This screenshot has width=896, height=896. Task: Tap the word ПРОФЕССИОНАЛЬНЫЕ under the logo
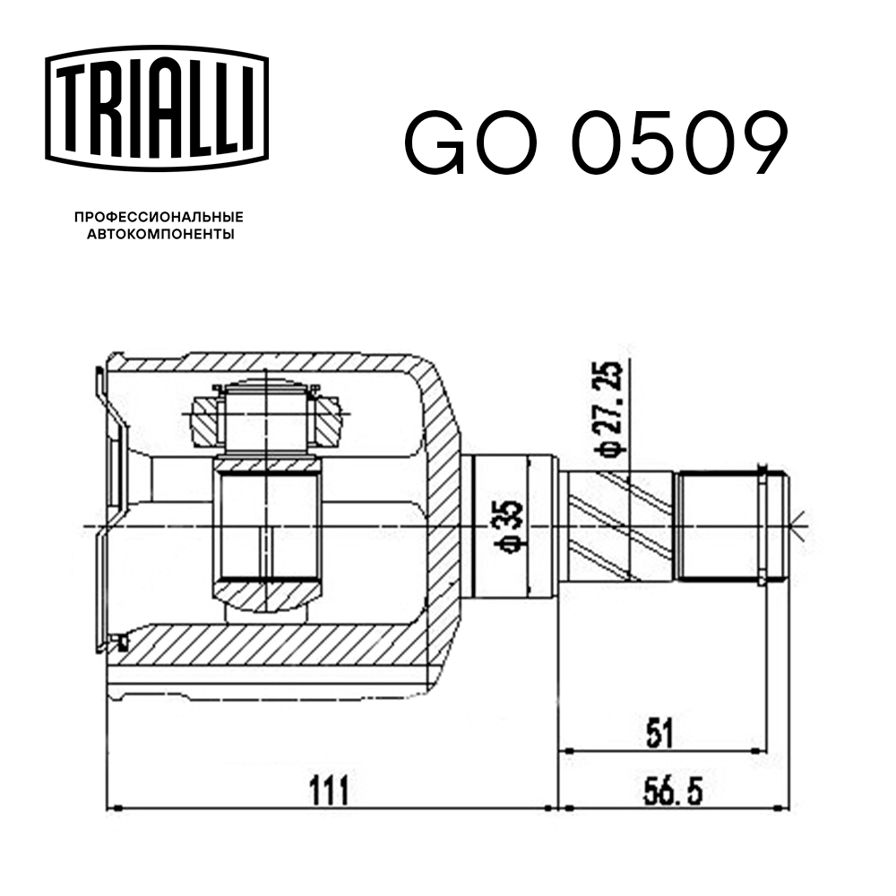[x=158, y=217]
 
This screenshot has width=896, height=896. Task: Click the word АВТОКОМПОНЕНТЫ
[x=158, y=235]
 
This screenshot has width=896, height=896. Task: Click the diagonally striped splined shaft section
[x=619, y=527]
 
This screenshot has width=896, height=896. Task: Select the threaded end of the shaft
[x=717, y=526]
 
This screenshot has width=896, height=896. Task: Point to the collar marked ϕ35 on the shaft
[x=502, y=527]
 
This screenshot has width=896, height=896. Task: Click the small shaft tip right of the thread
[x=776, y=526]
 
